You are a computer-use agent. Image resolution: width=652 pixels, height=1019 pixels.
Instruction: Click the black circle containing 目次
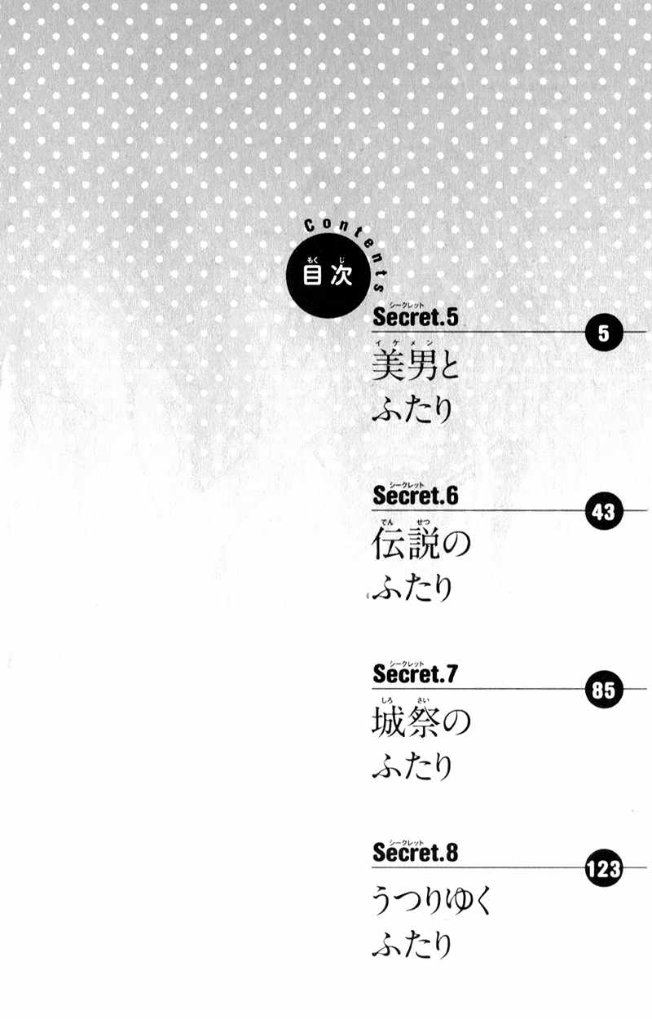pos(328,276)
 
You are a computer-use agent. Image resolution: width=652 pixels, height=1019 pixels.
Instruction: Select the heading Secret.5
pos(415,317)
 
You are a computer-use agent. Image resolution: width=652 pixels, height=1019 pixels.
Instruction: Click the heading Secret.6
pos(415,496)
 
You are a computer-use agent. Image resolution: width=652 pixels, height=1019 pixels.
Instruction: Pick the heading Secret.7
pos(415,673)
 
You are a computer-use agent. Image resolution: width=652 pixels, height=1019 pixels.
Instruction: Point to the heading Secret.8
pos(415,852)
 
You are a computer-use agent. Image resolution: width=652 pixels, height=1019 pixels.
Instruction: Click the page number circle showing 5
pos(604,333)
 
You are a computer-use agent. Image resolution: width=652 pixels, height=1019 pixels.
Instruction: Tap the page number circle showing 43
pos(604,511)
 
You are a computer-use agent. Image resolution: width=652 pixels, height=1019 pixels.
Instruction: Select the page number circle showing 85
pos(604,690)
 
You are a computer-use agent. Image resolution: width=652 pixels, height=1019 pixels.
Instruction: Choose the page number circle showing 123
pos(604,868)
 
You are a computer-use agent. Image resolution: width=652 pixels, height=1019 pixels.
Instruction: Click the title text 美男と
pos(416,366)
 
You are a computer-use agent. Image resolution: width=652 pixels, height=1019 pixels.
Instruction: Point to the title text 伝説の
pos(421,544)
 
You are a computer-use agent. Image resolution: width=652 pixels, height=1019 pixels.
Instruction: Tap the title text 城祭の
pos(421,722)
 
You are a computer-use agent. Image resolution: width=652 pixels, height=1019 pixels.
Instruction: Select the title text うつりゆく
pos(431,901)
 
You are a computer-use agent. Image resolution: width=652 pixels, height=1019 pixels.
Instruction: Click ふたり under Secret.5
pos(412,409)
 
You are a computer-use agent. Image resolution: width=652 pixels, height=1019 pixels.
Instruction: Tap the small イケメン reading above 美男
pos(404,343)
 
